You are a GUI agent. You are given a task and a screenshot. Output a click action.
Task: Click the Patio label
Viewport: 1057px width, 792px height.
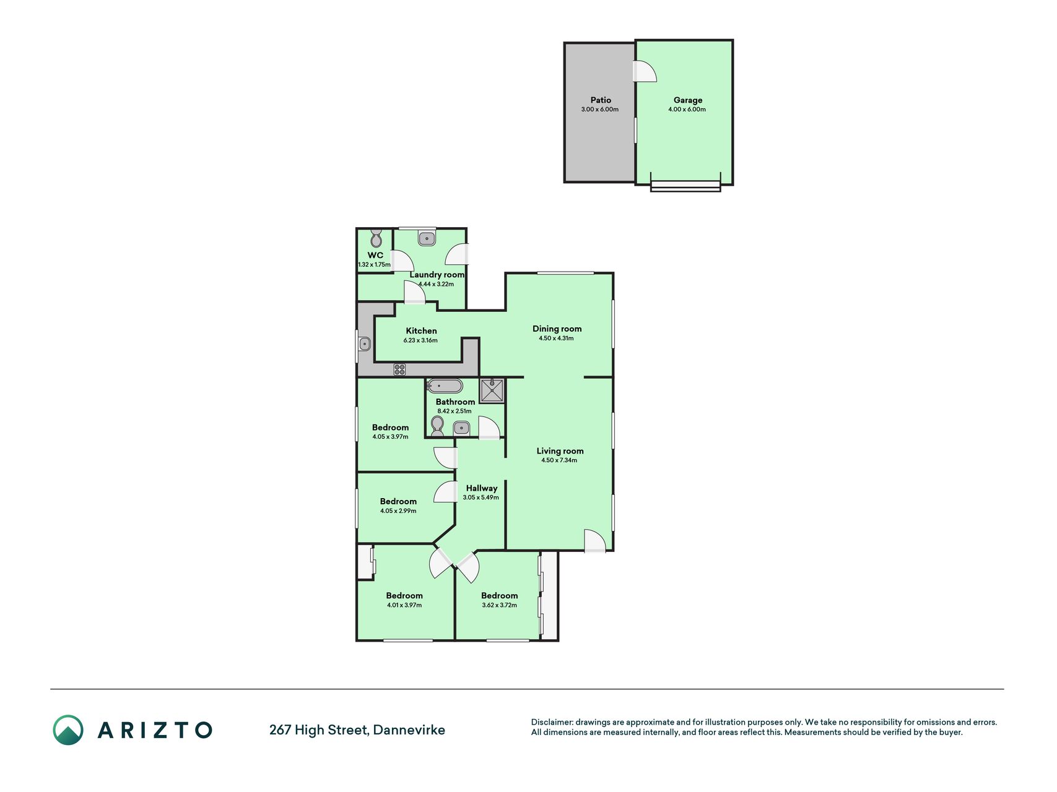(x=601, y=100)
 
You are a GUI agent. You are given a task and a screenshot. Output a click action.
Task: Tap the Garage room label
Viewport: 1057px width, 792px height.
(x=688, y=100)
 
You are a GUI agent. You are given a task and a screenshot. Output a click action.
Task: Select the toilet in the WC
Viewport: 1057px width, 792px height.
(x=376, y=238)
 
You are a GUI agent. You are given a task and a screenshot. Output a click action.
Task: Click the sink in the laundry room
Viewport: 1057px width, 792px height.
(x=427, y=238)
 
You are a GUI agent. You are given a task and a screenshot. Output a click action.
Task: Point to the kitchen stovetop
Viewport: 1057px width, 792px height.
(x=400, y=369)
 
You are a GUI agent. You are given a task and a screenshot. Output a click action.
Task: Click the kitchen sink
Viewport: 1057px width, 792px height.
(x=365, y=343)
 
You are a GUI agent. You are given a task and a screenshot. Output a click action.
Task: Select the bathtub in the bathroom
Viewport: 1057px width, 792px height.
(x=445, y=386)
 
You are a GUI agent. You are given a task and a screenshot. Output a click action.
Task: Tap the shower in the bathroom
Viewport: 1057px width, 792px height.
(x=492, y=390)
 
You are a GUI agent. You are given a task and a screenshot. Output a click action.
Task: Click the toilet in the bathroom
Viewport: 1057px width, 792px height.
(x=437, y=426)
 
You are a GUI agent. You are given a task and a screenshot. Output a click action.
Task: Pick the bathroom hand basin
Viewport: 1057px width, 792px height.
(x=461, y=428)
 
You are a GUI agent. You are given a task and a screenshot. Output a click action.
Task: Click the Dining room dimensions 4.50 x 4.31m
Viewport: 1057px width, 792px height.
(x=556, y=338)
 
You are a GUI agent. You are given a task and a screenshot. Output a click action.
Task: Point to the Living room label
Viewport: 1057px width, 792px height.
(x=560, y=451)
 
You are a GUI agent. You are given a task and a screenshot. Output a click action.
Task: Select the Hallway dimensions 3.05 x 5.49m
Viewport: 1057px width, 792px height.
(x=481, y=497)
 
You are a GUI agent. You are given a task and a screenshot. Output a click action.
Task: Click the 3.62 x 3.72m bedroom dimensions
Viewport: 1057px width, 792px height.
(x=499, y=605)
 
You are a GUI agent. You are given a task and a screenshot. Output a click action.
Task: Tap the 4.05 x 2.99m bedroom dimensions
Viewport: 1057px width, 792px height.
(x=398, y=511)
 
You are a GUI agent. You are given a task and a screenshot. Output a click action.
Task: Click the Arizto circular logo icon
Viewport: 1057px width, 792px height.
(x=68, y=730)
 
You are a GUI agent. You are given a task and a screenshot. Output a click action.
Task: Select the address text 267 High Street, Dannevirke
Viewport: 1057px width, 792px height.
(x=357, y=730)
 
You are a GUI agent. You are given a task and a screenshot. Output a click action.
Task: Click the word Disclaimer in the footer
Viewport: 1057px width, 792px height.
(x=552, y=722)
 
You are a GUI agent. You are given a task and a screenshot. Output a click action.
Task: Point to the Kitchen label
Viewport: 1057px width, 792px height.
(x=421, y=331)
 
